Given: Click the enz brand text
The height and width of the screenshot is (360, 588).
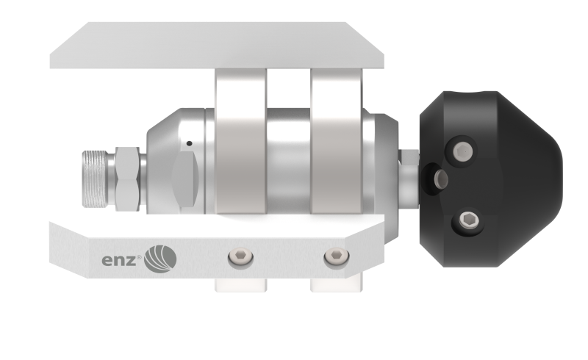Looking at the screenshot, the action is point(118,260).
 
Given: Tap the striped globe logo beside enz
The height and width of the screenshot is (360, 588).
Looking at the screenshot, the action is point(160,259).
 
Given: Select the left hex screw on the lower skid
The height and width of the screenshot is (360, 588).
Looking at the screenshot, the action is point(240,257).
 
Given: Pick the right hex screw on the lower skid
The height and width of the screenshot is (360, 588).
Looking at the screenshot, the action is point(337,256).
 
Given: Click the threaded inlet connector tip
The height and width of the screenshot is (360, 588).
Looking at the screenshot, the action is point(95,179).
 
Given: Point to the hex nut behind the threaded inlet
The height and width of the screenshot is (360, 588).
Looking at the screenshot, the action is point(127,179).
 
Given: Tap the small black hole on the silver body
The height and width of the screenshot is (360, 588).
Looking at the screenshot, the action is point(190,143).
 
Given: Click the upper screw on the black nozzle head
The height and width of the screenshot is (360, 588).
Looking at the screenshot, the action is point(462,151).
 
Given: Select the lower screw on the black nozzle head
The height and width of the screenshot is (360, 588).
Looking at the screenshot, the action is point(469,220).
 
